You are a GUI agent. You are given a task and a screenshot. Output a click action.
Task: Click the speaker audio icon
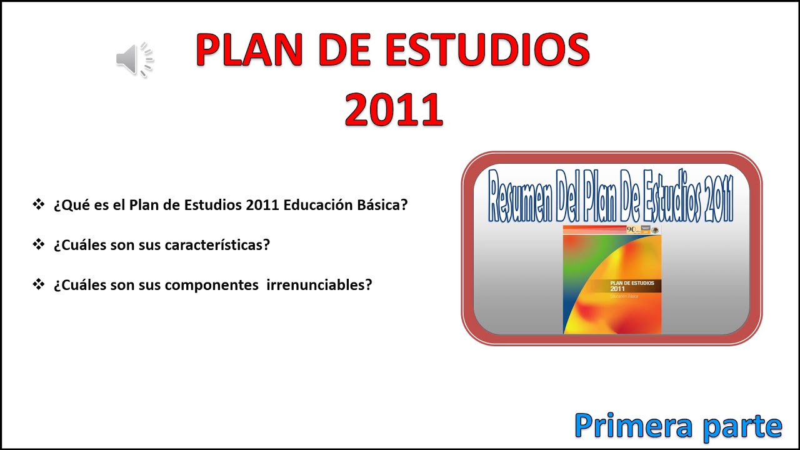(134, 60)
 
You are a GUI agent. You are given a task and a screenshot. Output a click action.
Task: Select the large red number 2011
(394, 110)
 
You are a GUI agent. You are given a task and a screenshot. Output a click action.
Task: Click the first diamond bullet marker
(39, 204)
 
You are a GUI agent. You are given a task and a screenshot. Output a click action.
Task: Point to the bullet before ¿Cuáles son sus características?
(39, 244)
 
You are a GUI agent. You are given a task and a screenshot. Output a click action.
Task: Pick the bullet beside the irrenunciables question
(39, 284)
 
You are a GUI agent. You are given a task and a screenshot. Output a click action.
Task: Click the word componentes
(212, 285)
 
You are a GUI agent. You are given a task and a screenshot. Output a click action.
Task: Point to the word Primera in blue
(632, 426)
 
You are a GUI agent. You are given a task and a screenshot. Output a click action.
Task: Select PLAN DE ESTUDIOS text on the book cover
(632, 283)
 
